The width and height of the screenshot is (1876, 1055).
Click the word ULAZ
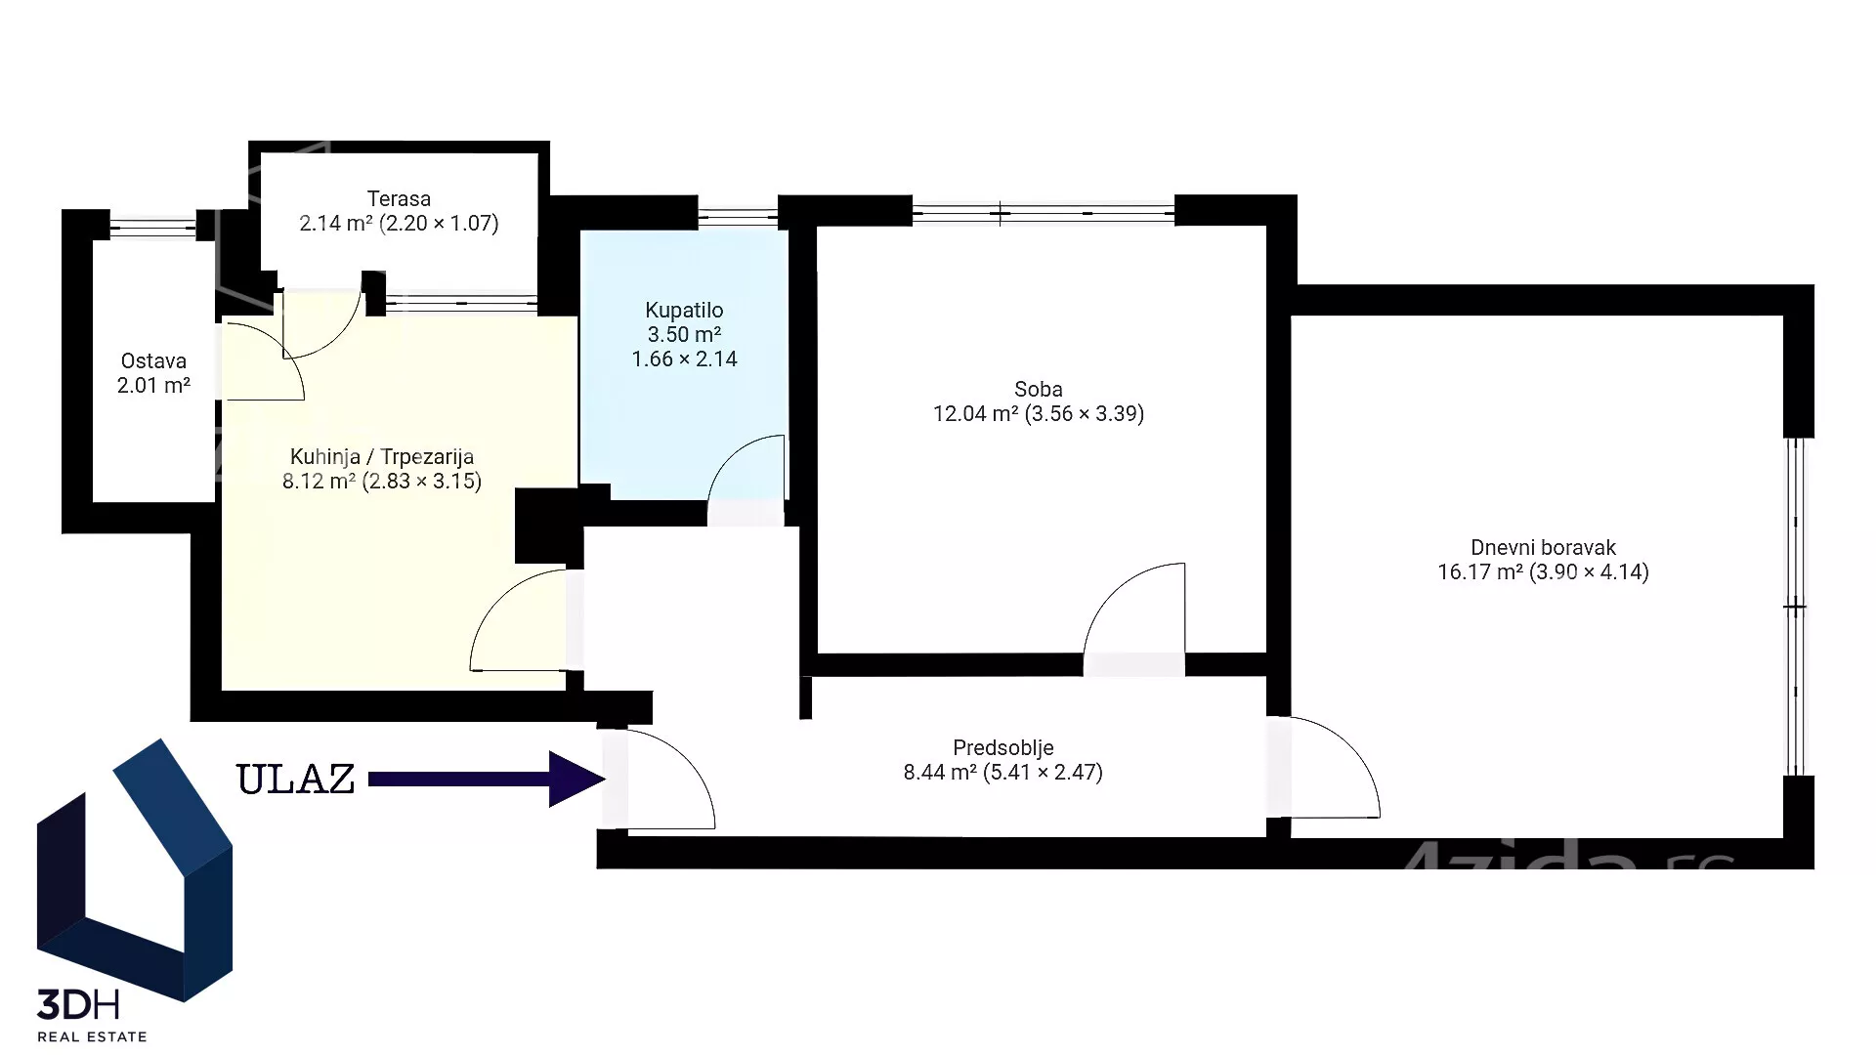[x=296, y=780]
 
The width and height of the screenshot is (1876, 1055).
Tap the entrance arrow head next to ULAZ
[x=576, y=779]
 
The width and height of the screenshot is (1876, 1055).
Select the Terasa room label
[x=399, y=198]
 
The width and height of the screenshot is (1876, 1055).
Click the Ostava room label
[x=153, y=360]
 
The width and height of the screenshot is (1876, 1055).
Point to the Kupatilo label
[x=684, y=311]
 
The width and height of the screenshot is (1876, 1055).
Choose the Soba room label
[x=1039, y=389]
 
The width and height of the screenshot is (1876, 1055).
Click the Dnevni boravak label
[x=1543, y=548]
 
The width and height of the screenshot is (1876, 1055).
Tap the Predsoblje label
[x=1003, y=748]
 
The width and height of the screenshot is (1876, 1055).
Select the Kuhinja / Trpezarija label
[x=382, y=456]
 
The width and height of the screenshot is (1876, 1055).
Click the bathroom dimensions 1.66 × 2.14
[x=684, y=359]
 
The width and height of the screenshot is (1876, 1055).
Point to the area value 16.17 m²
[x=1480, y=571]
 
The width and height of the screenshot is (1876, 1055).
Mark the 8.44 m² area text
[x=940, y=773]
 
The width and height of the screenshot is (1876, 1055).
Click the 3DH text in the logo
[x=78, y=1003]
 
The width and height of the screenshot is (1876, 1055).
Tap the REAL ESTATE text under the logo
[x=92, y=1036]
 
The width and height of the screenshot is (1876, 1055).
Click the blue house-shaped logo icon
[x=135, y=869]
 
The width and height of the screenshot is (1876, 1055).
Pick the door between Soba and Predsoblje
[x=1124, y=591]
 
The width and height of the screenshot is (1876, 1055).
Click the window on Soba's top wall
[x=1043, y=211]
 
